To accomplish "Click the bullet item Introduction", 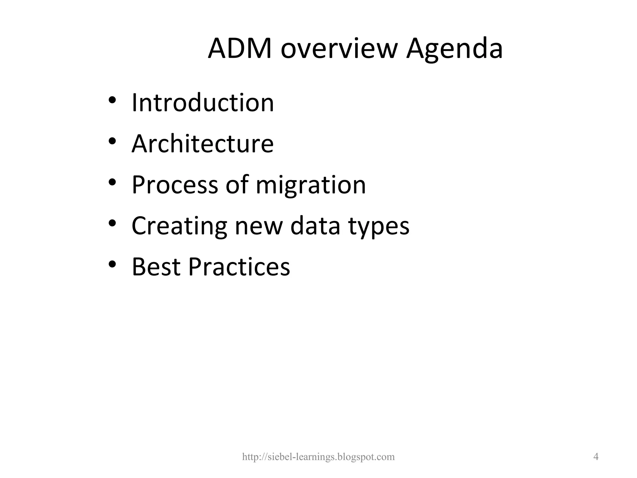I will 203,103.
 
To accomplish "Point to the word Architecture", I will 202,144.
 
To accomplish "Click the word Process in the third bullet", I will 175,185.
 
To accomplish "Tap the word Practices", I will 239,267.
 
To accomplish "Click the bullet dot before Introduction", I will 112,101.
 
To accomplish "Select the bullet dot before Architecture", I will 112,141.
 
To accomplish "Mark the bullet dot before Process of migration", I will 112,182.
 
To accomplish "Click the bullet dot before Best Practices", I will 112,264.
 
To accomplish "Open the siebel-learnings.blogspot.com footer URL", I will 318,457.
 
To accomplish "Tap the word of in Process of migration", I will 237,185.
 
